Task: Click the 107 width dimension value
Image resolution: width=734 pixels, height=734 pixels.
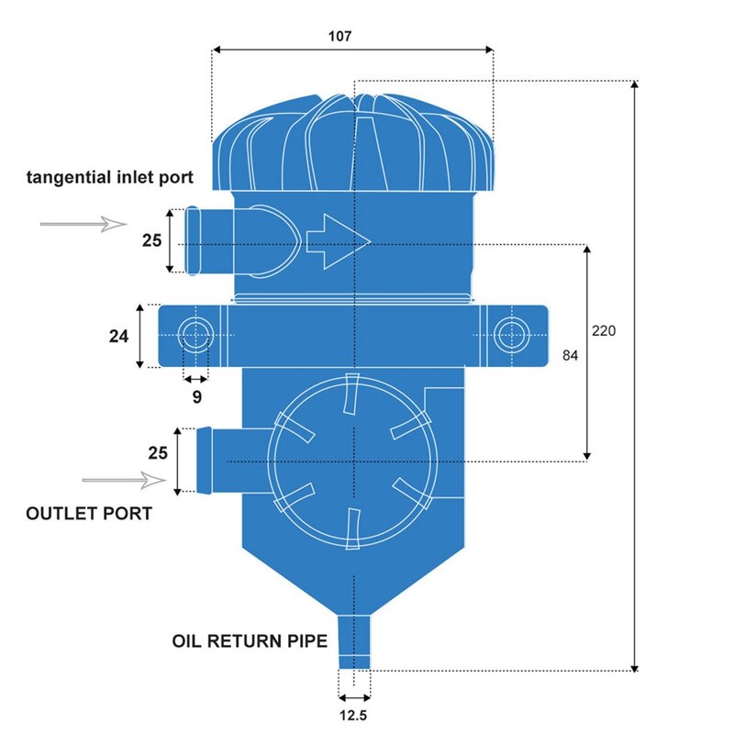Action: click(x=339, y=37)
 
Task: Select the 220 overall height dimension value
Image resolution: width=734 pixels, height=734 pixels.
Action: click(x=604, y=330)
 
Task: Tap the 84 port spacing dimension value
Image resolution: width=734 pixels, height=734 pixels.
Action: click(x=570, y=355)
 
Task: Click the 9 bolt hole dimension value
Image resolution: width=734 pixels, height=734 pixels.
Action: click(x=196, y=397)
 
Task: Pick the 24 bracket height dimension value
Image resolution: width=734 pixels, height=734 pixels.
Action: click(x=118, y=336)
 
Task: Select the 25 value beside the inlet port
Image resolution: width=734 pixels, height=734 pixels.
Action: click(x=151, y=240)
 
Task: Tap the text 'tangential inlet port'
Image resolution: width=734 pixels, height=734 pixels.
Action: click(x=109, y=176)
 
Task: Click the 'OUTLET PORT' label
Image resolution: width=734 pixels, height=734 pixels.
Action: click(x=89, y=513)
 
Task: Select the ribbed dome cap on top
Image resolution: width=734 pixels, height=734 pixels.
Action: click(x=354, y=142)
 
